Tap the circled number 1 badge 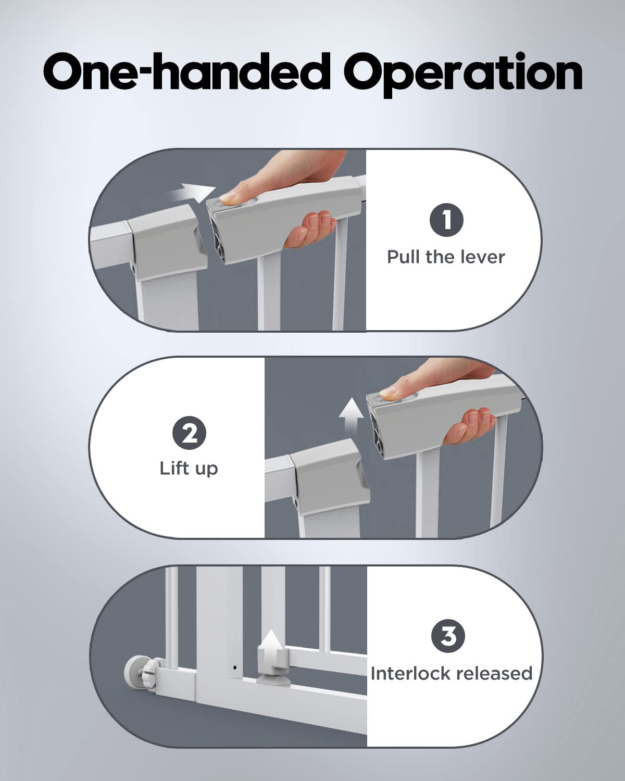point(446,220)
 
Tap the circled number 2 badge point(189,433)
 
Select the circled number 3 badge point(448,636)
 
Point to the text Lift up point(189,469)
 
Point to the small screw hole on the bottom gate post point(234,667)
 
